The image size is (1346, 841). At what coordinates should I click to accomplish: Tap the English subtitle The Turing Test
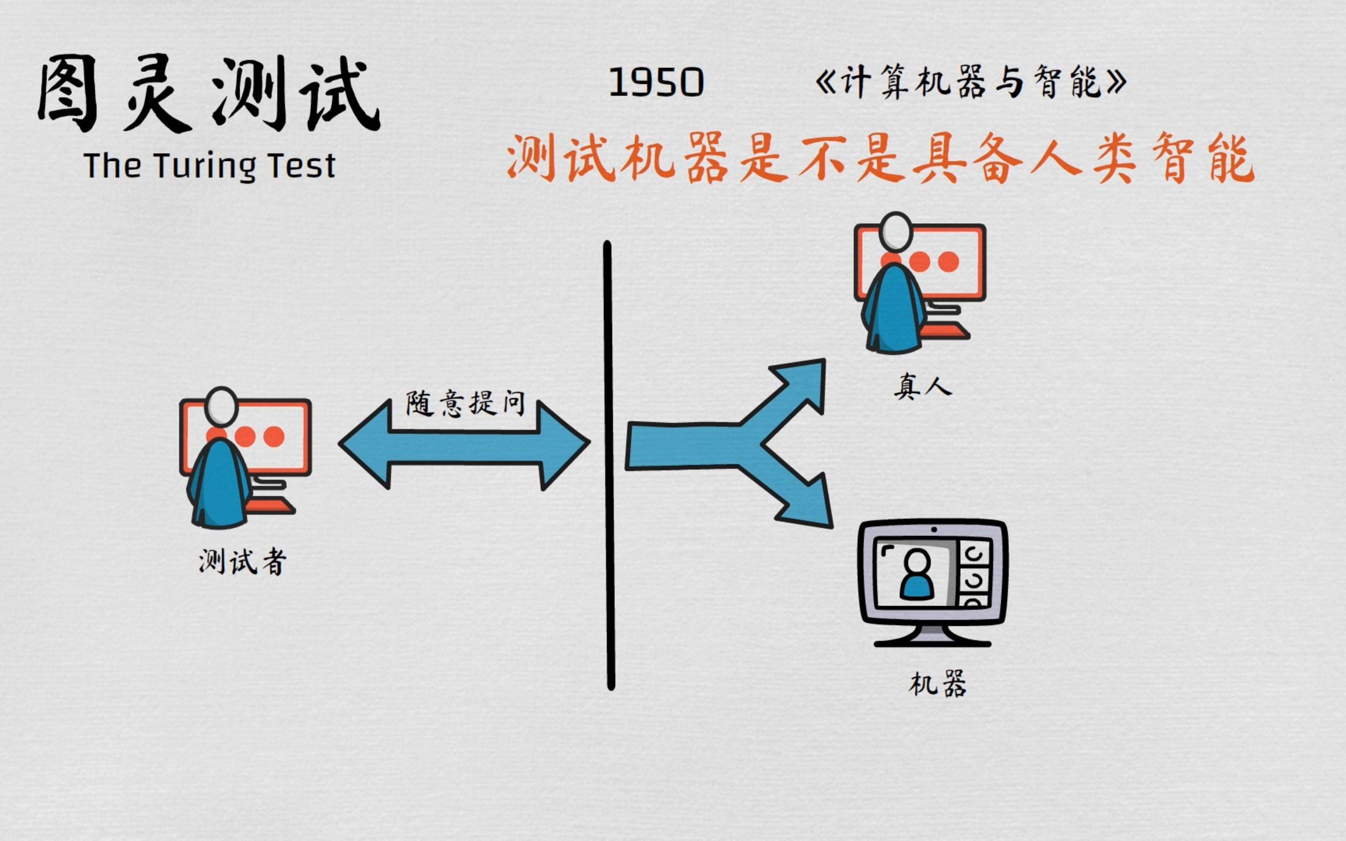[x=210, y=166]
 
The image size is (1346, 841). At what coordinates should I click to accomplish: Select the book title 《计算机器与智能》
[x=971, y=82]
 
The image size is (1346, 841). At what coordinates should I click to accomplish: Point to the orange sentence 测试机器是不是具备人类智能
[x=881, y=158]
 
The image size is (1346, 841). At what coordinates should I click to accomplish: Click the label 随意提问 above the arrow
[x=465, y=403]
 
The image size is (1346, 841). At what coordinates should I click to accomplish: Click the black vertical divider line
[x=609, y=466]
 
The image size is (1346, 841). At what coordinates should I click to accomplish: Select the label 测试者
[x=243, y=562]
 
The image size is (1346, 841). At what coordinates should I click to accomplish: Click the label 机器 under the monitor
[x=938, y=684]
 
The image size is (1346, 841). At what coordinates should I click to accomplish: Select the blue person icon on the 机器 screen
[x=917, y=574]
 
